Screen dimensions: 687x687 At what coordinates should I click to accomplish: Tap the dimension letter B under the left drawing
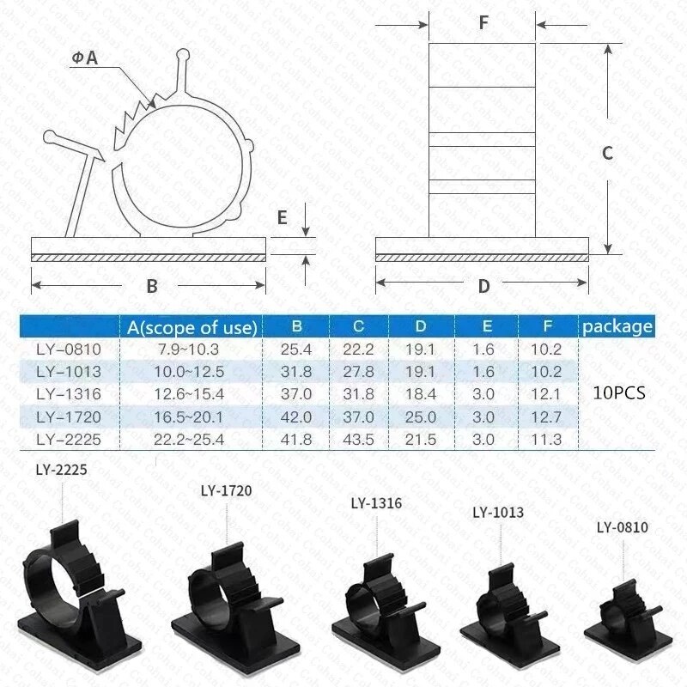[152, 286]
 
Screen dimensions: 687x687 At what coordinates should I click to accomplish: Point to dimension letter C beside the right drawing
[606, 153]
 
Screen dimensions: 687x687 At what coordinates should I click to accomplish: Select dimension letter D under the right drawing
[483, 286]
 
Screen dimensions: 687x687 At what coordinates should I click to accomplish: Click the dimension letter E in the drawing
[282, 217]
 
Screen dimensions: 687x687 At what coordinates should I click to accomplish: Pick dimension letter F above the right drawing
[483, 23]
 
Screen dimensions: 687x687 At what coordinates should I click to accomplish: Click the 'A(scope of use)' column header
[191, 326]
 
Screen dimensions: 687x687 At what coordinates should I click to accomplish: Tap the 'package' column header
[617, 326]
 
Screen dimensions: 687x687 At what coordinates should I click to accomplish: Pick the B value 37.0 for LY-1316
[296, 393]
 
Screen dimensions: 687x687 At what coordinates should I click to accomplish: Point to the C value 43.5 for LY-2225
[358, 438]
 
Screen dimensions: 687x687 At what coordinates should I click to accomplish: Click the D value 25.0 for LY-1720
[421, 416]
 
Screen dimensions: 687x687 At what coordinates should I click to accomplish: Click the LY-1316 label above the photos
[376, 503]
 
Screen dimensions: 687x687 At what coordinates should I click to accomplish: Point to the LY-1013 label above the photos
[498, 513]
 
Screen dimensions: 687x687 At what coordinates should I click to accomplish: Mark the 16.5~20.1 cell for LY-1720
[191, 416]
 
